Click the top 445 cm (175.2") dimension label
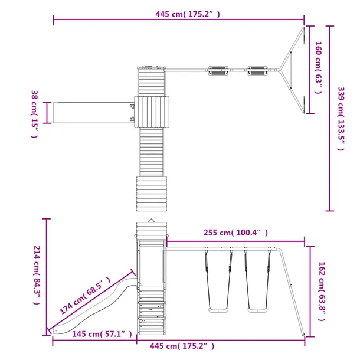188,14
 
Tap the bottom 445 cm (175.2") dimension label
182,346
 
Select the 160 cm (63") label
318,67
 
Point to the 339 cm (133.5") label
341,119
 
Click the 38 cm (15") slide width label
34,114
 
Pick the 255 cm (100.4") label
235,233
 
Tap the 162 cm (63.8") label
322,292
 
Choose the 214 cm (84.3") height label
37,275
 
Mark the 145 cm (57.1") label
102,334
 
